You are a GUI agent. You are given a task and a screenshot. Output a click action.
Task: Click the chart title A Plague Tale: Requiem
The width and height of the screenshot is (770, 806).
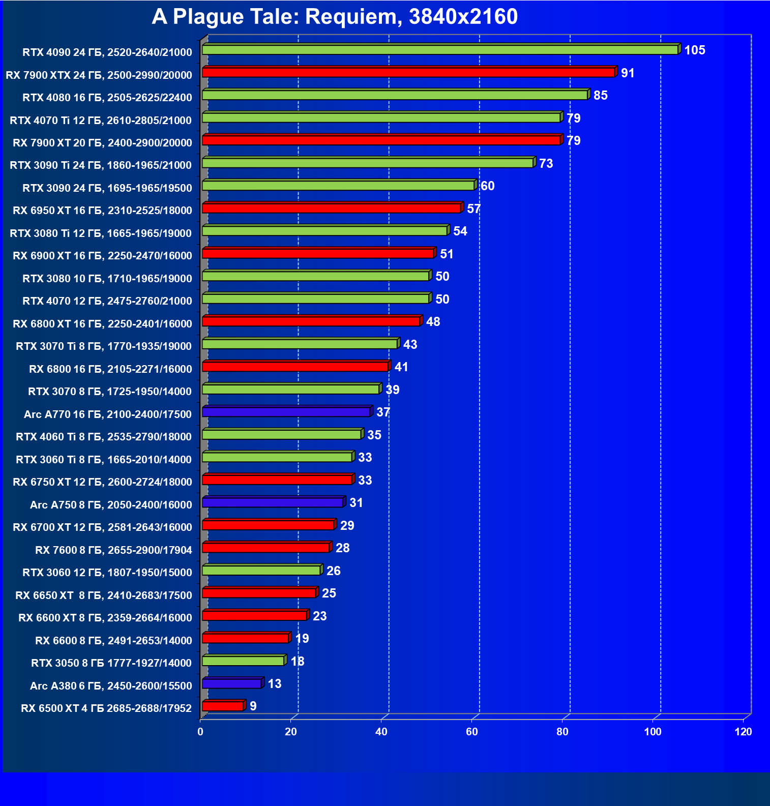pyautogui.click(x=335, y=17)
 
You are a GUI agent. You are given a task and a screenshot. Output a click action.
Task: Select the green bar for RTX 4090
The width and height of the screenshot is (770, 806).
pyautogui.click(x=440, y=50)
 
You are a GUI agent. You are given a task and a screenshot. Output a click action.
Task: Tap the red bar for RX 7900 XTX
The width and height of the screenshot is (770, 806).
pyautogui.click(x=408, y=73)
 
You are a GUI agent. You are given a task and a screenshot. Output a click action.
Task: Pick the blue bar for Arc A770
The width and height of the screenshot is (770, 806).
pyautogui.click(x=286, y=412)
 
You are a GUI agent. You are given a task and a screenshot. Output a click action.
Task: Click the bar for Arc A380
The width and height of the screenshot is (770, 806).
pyautogui.click(x=232, y=683)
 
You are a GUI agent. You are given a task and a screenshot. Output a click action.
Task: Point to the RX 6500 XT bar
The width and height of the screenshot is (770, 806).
pyautogui.click(x=223, y=706)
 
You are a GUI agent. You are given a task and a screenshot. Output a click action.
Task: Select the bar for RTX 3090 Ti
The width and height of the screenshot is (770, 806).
pyautogui.click(x=368, y=163)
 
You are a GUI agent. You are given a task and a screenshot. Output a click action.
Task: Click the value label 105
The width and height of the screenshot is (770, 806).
pyautogui.click(x=695, y=50)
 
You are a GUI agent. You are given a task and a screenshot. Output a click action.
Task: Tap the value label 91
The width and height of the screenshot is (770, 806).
pyautogui.click(x=628, y=73)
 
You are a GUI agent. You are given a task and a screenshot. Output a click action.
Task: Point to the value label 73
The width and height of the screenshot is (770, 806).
pyautogui.click(x=546, y=164)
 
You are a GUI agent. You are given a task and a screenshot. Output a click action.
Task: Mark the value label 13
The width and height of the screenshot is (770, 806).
pyautogui.click(x=275, y=684)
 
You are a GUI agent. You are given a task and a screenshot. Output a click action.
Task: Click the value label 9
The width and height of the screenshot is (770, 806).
pyautogui.click(x=253, y=706)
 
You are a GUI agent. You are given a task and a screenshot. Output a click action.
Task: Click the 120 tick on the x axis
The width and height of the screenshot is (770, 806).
pyautogui.click(x=743, y=732)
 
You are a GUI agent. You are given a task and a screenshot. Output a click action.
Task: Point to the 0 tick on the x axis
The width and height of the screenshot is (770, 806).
pyautogui.click(x=200, y=732)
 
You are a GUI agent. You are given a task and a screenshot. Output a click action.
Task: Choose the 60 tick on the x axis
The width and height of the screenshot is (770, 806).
pyautogui.click(x=471, y=732)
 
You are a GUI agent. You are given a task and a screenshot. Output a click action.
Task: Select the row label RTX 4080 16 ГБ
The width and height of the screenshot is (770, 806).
pyautogui.click(x=107, y=98)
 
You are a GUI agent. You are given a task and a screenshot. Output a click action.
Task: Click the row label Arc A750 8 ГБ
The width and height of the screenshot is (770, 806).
pyautogui.click(x=111, y=505)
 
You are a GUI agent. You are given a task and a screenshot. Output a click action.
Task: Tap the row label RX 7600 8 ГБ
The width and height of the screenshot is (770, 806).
pyautogui.click(x=113, y=550)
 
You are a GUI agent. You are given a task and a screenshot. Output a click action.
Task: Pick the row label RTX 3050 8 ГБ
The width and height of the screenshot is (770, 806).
pyautogui.click(x=111, y=663)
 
